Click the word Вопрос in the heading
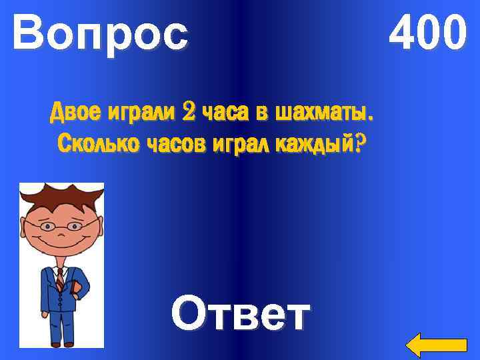pyautogui.click(x=100, y=33)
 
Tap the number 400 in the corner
pyautogui.click(x=428, y=33)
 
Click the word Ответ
pyautogui.click(x=241, y=313)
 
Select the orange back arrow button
pyautogui.click(x=437, y=345)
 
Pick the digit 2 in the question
pyautogui.click(x=189, y=114)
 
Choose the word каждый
pyautogui.click(x=317, y=143)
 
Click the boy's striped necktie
pyautogui.click(x=60, y=280)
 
